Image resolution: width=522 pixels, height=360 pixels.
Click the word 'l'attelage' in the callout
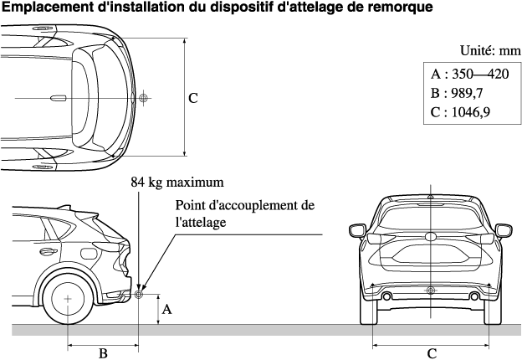(202, 224)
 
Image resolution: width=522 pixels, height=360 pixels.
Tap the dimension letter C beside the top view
(192, 99)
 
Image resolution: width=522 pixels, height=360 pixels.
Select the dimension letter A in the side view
(166, 310)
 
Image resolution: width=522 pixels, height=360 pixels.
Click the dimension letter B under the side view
(103, 353)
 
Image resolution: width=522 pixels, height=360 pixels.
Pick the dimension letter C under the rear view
(431, 353)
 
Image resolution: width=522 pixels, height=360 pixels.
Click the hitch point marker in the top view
(144, 99)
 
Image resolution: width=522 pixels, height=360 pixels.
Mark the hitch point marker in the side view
(139, 293)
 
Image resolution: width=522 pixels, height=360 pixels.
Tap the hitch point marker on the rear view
(430, 291)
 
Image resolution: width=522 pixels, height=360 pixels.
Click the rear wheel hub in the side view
(68, 299)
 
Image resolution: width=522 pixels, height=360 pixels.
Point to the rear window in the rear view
(430, 218)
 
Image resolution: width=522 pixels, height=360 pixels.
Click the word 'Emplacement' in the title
(41, 8)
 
